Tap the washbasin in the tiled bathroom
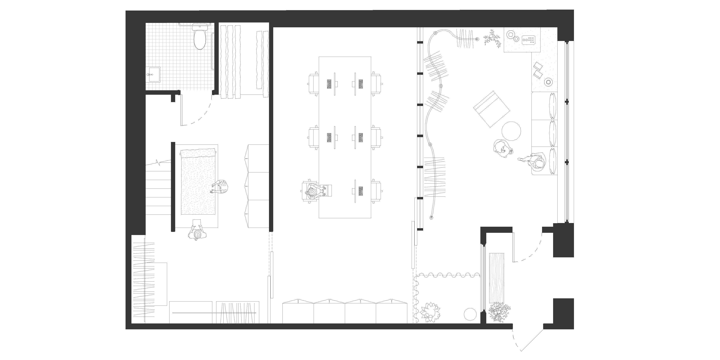154,75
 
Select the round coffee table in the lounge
511,130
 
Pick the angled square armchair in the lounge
492,109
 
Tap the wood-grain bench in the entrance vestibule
497,278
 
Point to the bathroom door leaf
182,110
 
